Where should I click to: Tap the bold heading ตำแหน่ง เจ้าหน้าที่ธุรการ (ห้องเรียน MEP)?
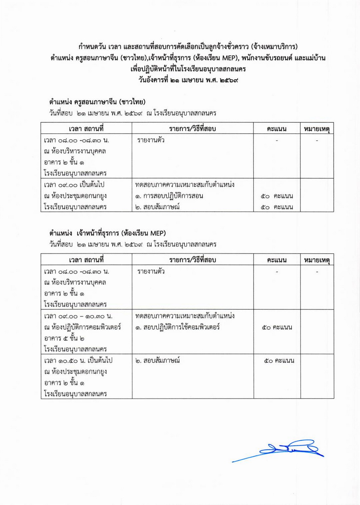click(x=108, y=234)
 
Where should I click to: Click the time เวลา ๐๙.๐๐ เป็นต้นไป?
click(x=76, y=185)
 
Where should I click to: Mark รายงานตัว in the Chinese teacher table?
click(x=151, y=140)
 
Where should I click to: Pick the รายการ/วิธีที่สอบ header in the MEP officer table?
click(x=193, y=261)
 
